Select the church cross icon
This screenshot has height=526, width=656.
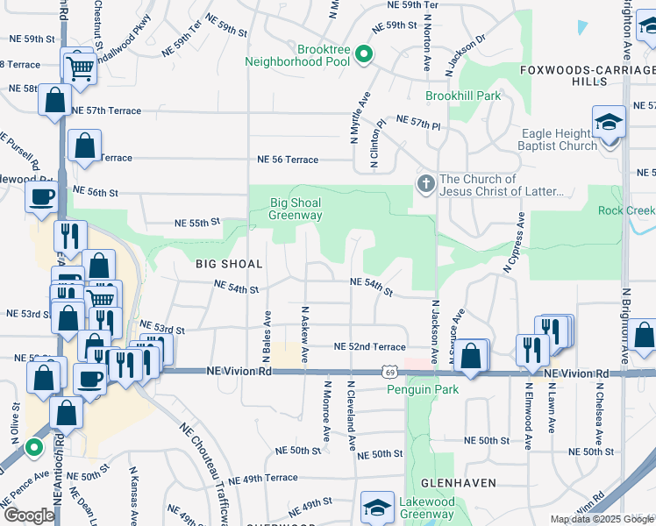pos(425,184)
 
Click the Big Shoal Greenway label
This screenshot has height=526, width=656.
pos(296,209)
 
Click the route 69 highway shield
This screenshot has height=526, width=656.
pos(387,372)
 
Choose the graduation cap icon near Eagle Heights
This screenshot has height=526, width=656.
pos(609,124)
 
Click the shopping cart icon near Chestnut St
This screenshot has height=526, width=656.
pos(78,66)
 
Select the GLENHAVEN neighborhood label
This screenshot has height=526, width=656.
pos(458,483)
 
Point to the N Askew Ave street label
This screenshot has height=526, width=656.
pos(305,334)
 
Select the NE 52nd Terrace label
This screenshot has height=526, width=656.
pos(369,347)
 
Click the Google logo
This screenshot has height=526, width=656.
pos(28,515)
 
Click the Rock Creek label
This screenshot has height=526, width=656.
pos(626,210)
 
